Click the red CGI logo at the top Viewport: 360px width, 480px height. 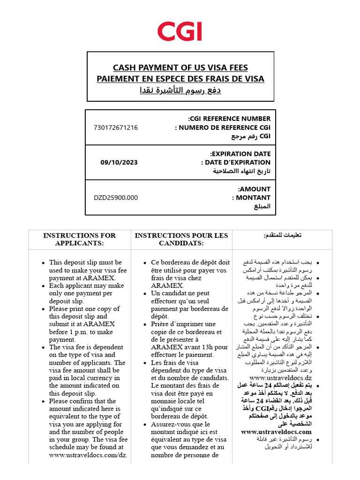[x=180, y=31]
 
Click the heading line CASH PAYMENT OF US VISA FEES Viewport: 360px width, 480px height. [x=180, y=68]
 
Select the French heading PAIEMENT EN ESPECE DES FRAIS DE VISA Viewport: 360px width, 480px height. [x=180, y=79]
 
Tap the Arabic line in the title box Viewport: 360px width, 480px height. [x=180, y=90]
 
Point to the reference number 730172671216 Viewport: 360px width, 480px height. [x=116, y=127]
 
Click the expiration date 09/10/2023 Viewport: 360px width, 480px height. [x=119, y=163]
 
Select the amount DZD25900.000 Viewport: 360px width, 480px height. [x=116, y=198]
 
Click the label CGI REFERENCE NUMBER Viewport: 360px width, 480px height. [x=229, y=119]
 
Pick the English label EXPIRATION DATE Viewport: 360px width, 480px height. [x=240, y=154]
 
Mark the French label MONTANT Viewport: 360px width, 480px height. [x=251, y=198]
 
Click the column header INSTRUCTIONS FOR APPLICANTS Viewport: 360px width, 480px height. [x=79, y=239]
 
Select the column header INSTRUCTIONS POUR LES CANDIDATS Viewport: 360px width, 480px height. [x=181, y=239]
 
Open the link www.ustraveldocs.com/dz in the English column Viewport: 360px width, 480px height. [x=88, y=455]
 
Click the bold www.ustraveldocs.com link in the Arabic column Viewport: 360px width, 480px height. [x=276, y=432]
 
